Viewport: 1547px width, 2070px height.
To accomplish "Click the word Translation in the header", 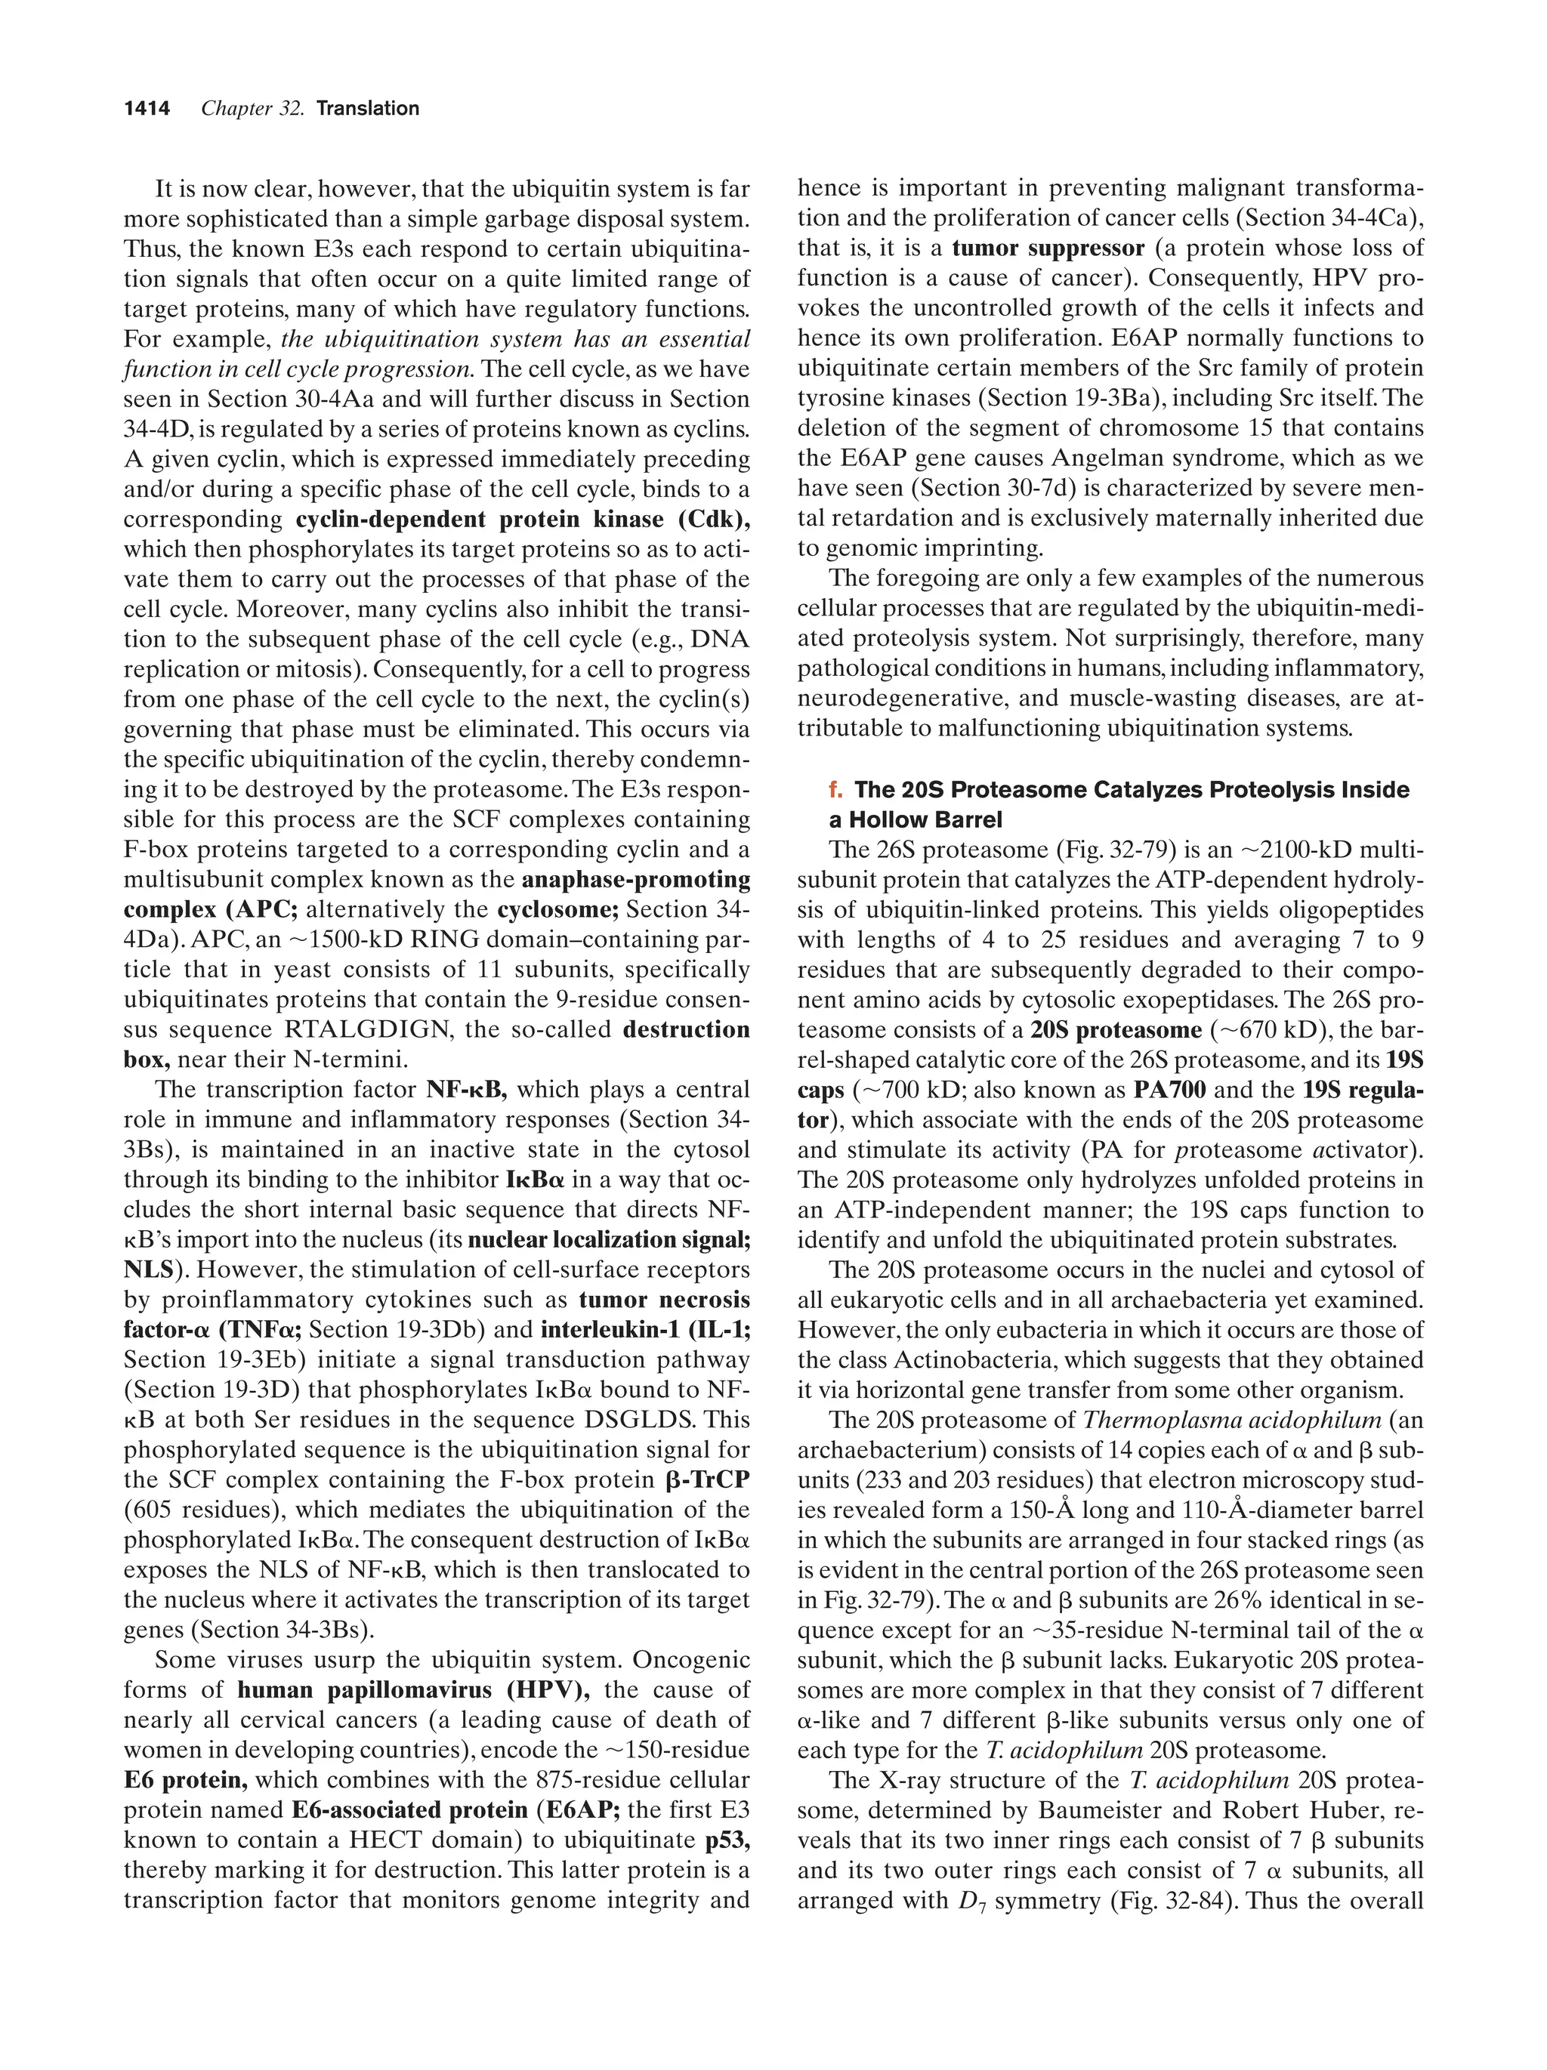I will tap(368, 109).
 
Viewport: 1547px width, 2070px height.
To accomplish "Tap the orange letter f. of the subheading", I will tap(835, 790).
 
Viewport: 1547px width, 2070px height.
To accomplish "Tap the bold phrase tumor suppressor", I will tap(1048, 248).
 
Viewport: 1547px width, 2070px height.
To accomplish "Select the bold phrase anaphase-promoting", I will tap(636, 880).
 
